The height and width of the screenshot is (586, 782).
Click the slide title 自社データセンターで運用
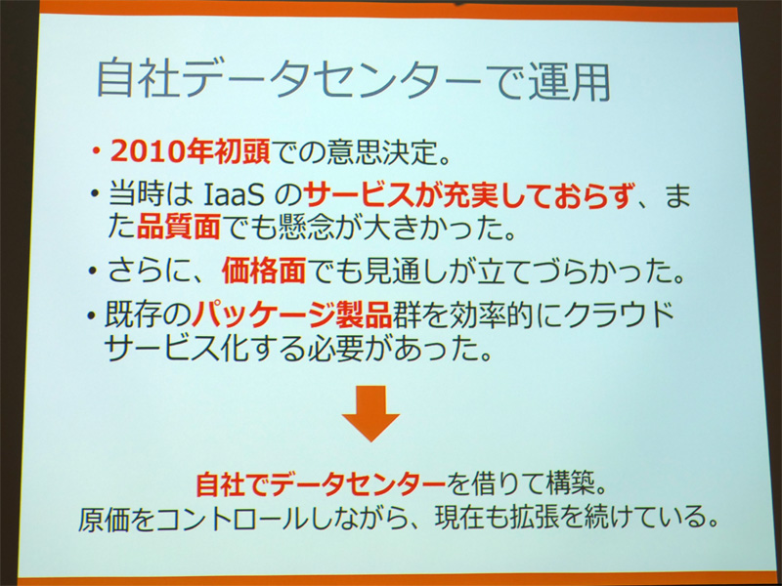354,80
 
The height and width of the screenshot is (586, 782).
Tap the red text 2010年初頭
190,152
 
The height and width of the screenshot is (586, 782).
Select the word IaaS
234,196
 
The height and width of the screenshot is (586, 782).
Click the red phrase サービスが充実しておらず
469,195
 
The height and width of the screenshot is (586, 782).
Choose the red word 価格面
264,271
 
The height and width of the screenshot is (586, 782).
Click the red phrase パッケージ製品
292,314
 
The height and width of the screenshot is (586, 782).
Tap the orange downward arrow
370,413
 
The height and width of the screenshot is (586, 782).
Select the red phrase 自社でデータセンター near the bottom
321,483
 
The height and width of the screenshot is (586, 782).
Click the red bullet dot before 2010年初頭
96,152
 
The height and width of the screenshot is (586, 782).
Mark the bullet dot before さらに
93,272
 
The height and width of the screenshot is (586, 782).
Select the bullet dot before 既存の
91,315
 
